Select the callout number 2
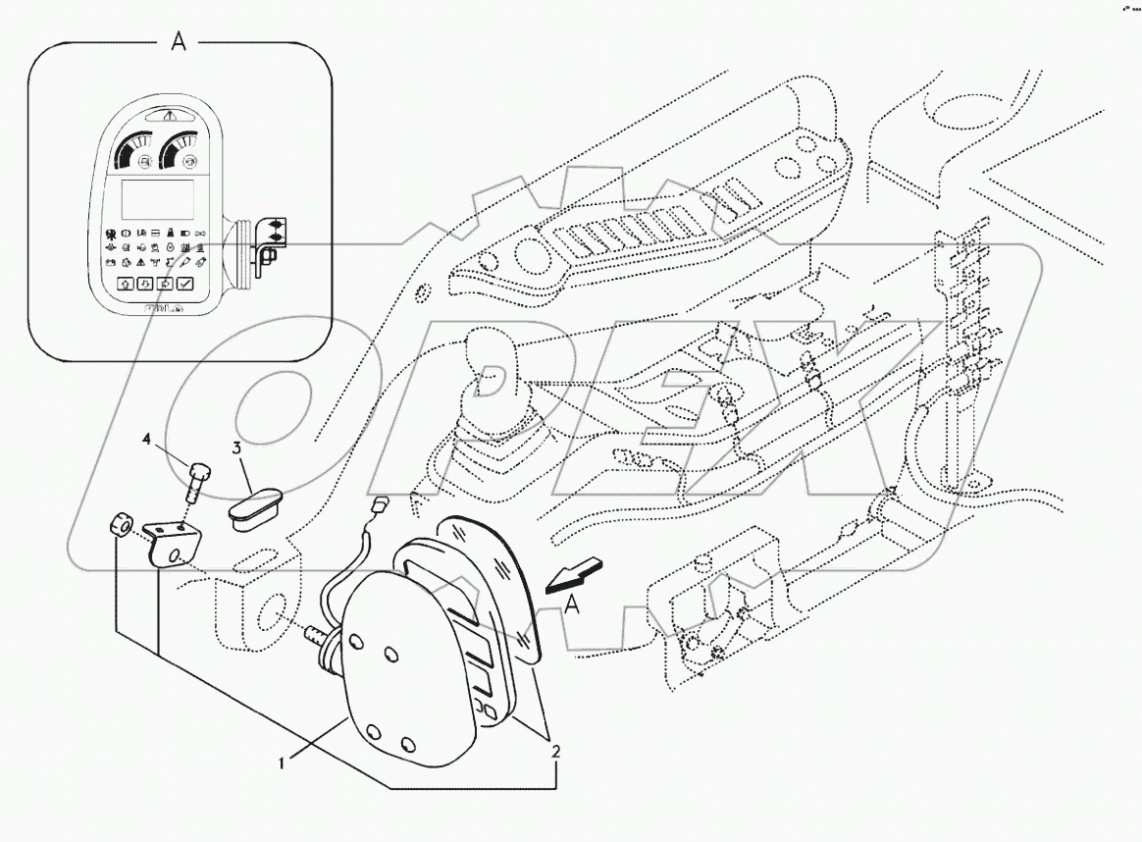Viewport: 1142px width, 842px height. point(555,752)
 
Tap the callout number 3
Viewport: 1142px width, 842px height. point(236,447)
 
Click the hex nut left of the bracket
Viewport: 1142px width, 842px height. point(121,524)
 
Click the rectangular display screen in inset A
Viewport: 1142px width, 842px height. point(154,200)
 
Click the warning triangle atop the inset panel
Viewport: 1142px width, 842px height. point(170,115)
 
